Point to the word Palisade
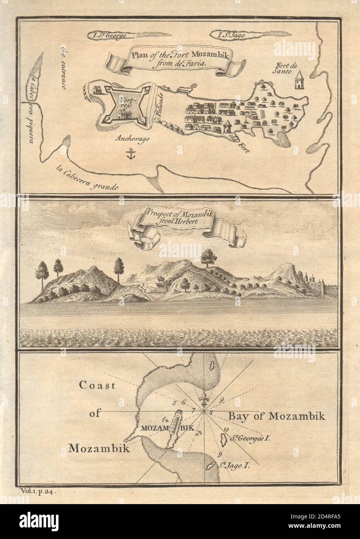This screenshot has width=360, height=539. [x=158, y=107]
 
